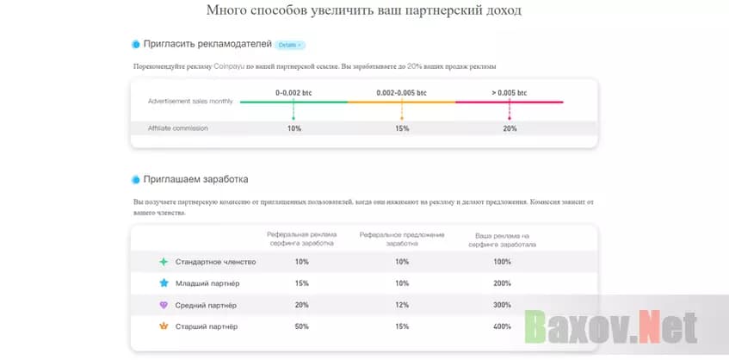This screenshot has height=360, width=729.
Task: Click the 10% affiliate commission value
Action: point(293,128)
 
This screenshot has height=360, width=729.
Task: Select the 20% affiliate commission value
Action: point(510,128)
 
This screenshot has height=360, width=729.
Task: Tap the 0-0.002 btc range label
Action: point(293,92)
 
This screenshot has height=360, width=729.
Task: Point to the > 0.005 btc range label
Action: point(510,92)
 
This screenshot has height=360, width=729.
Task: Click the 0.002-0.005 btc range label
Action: point(401,92)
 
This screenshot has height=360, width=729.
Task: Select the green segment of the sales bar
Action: point(293,102)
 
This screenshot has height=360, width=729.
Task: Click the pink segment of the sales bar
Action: point(510,102)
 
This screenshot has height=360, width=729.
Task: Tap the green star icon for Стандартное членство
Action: point(164,262)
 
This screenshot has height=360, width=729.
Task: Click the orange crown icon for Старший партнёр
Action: point(164,327)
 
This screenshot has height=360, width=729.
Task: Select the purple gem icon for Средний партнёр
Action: point(164,306)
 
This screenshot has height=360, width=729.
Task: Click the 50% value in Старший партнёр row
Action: point(301,327)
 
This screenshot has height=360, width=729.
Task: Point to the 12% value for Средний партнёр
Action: point(401,306)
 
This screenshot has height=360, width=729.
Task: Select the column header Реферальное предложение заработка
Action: point(401,239)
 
